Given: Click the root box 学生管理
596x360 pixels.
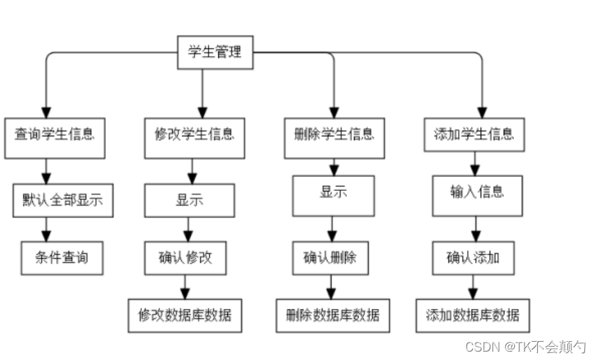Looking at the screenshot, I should pyautogui.click(x=214, y=52).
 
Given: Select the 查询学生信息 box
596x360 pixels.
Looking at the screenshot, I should pyautogui.click(x=55, y=134).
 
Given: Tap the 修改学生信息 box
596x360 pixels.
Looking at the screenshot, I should pyautogui.click(x=194, y=134).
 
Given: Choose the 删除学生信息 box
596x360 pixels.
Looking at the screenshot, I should pyautogui.click(x=334, y=134).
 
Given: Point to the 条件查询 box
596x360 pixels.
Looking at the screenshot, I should pyautogui.click(x=62, y=258).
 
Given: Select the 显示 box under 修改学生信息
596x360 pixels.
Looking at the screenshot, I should pyautogui.click(x=189, y=200).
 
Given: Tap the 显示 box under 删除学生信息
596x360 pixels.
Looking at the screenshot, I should pyautogui.click(x=334, y=195).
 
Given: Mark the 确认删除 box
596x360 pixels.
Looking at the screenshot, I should pyautogui.click(x=330, y=258).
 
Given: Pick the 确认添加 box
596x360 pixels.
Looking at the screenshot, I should pyautogui.click(x=474, y=258).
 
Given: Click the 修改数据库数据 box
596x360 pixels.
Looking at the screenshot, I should pyautogui.click(x=185, y=315).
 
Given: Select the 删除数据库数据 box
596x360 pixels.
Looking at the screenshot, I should pyautogui.click(x=332, y=315).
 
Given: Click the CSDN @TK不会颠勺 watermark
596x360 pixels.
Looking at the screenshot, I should pyautogui.click(x=525, y=347).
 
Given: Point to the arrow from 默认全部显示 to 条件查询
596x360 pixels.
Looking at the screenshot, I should pyautogui.click(x=47, y=229).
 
